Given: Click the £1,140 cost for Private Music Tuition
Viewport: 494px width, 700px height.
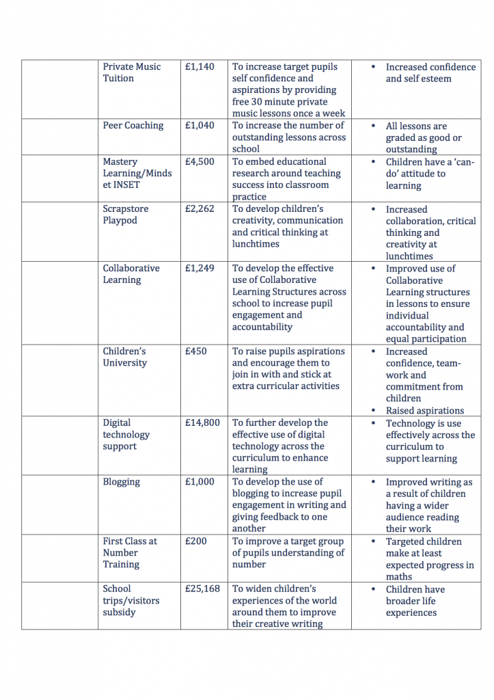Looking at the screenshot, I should (200, 67).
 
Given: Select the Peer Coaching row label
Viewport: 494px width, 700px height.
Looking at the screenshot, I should (133, 126).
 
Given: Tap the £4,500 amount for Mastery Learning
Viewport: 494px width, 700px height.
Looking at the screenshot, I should (200, 162).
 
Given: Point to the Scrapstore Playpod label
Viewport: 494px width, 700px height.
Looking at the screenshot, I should (126, 215).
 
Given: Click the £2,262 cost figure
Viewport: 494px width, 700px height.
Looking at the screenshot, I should (200, 209).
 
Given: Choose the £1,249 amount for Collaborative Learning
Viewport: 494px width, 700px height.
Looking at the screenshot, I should (200, 269).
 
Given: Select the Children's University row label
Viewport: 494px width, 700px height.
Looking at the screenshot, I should (125, 357).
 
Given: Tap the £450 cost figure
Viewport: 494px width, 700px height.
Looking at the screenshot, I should (196, 351).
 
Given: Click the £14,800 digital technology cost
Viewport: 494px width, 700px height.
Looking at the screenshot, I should (202, 423).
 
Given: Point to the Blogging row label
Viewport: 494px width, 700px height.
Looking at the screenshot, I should (122, 482).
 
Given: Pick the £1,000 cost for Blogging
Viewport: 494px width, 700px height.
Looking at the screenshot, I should (200, 482).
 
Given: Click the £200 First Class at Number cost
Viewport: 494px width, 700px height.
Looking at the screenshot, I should (196, 541).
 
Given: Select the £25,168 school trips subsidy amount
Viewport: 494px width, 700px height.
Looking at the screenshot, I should (202, 589).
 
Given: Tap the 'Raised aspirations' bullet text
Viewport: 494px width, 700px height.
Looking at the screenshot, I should (425, 411).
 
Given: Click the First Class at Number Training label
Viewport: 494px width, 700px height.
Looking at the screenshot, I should (130, 553).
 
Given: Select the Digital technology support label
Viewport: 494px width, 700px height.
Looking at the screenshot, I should (126, 435).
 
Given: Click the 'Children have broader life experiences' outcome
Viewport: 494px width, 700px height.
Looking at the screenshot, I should (415, 601).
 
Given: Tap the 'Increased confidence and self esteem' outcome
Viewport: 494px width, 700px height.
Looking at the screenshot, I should (430, 73).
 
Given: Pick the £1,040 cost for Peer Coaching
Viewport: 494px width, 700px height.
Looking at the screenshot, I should (200, 126).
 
